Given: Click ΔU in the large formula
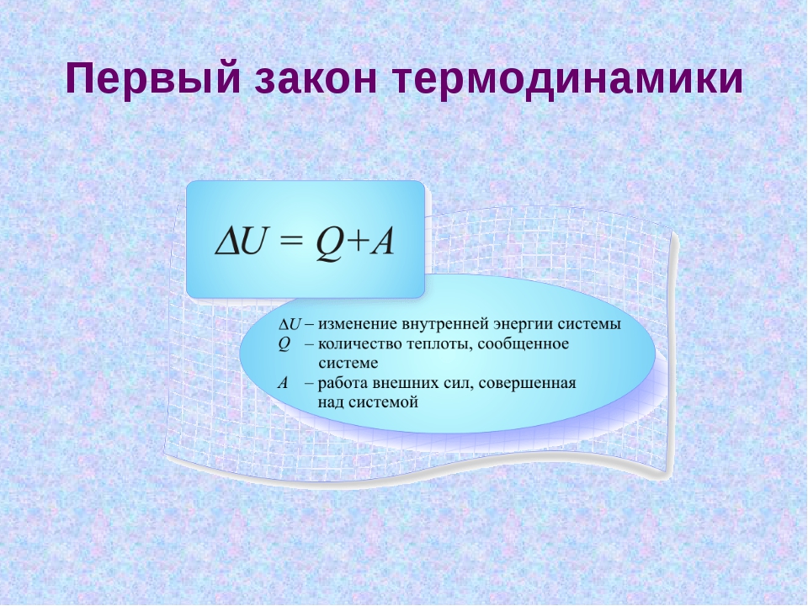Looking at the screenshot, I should coord(243,242).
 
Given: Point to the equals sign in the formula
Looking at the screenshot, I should coord(290,243).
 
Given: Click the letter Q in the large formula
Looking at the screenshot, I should coord(328,243).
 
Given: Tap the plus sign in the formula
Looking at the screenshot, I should coord(357,243).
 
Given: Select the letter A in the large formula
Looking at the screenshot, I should coord(382,242).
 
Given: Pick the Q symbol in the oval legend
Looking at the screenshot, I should coord(284,343).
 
